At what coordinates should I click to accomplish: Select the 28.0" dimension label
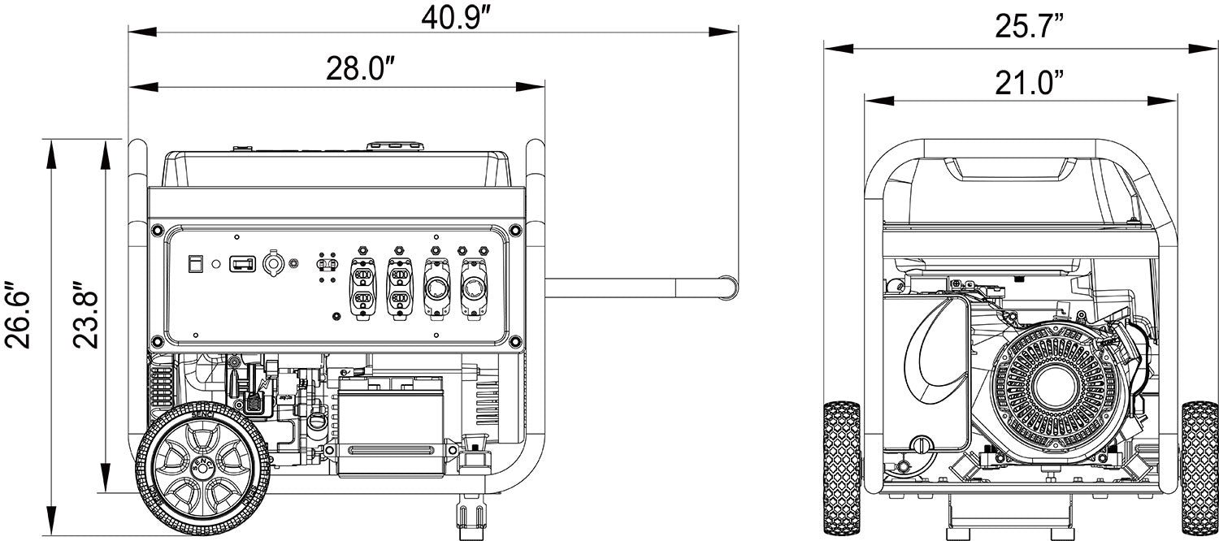[360, 70]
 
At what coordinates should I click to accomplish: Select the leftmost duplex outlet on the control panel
[362, 286]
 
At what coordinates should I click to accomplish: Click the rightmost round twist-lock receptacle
[473, 287]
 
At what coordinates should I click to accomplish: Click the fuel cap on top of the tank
[395, 146]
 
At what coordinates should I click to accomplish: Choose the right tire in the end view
[1199, 465]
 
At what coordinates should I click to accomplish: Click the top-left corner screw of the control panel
[154, 232]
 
